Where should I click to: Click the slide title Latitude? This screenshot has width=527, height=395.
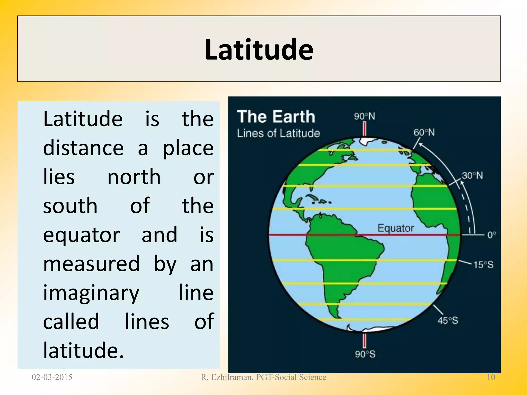click(x=259, y=49)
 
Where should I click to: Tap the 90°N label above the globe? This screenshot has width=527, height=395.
click(x=364, y=116)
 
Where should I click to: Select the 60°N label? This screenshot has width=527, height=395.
click(x=424, y=133)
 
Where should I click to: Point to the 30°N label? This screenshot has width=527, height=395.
click(x=472, y=176)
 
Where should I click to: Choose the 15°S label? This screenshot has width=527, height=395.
click(x=483, y=265)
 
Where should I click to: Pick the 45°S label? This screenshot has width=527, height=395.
click(x=448, y=321)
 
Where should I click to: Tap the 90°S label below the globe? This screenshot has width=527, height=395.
click(x=365, y=354)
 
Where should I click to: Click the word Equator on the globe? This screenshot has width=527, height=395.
click(x=396, y=228)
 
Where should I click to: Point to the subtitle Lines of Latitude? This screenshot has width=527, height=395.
click(x=278, y=133)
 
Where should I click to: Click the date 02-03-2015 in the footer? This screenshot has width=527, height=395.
click(x=52, y=377)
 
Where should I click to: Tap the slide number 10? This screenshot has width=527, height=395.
click(x=491, y=377)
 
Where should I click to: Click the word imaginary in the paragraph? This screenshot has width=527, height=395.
click(x=91, y=293)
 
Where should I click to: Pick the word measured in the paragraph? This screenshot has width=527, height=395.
click(x=91, y=264)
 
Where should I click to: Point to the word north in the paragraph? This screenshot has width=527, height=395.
click(x=134, y=177)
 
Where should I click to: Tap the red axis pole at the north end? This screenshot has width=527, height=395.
click(x=365, y=129)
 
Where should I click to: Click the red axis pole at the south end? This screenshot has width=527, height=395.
click(x=364, y=340)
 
